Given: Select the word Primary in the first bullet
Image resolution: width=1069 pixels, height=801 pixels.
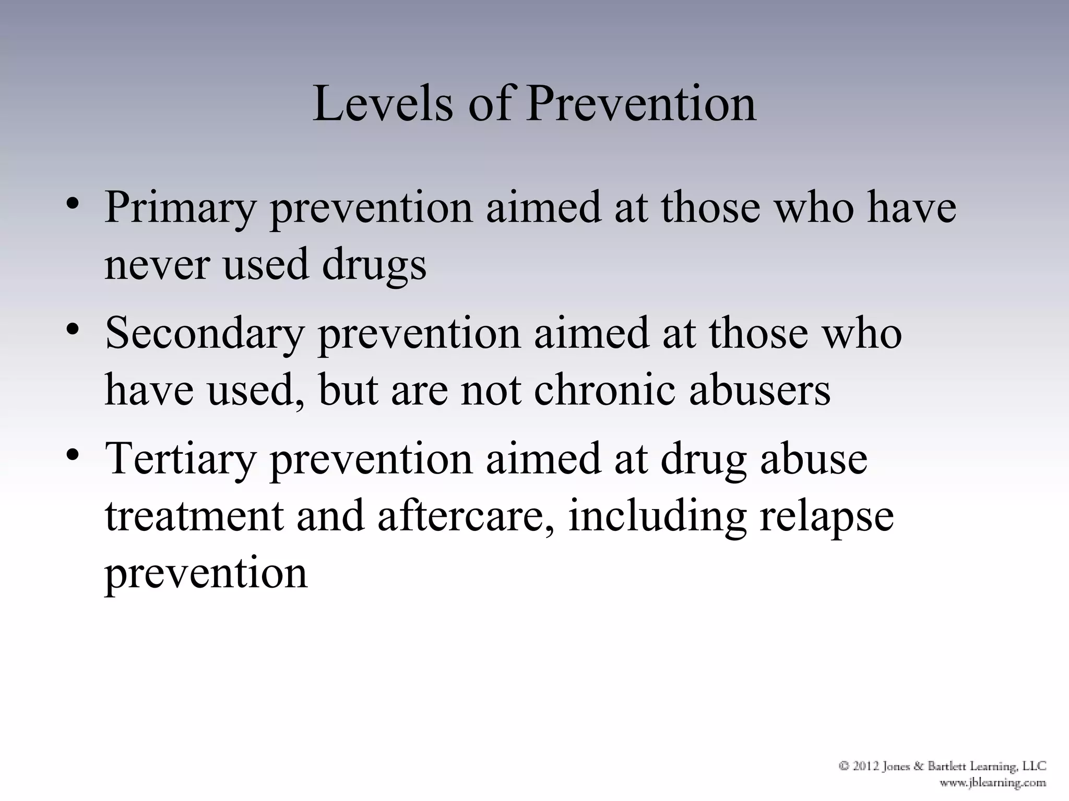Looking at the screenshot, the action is (x=180, y=208).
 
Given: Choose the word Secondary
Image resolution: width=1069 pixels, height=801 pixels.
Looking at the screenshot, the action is (x=205, y=334).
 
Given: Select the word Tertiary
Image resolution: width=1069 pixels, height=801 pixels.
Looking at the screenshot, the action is (x=180, y=459).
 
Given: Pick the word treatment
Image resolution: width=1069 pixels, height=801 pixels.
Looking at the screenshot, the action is (x=194, y=516).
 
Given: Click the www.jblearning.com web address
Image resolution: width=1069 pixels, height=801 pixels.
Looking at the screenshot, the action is (x=993, y=783).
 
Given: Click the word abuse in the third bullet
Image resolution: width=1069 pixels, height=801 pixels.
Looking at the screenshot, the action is (x=814, y=459).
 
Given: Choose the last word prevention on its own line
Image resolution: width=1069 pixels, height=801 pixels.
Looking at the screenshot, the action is (x=206, y=574).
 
